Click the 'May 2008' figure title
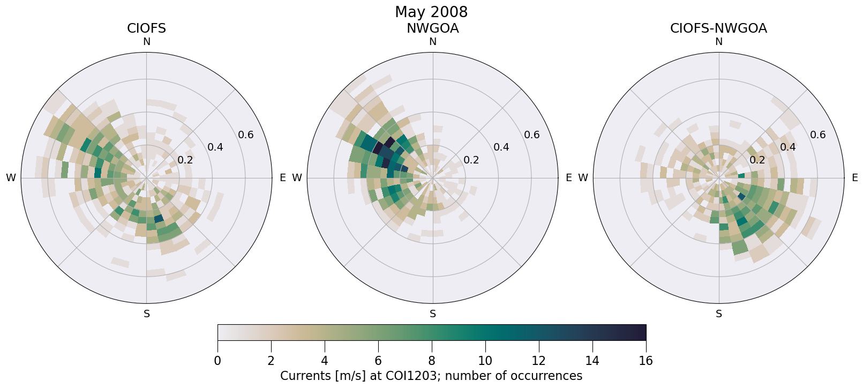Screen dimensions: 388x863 click(x=431, y=12)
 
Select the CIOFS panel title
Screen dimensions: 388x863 click(x=146, y=28)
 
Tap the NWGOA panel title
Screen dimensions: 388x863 click(x=432, y=28)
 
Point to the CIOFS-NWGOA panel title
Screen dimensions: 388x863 click(x=718, y=28)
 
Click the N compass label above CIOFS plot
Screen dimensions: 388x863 click(x=146, y=42)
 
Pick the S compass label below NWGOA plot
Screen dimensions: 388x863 click(x=433, y=314)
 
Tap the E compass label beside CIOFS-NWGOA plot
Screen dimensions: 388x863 click(x=855, y=178)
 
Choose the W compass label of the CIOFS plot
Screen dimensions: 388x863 click(x=11, y=178)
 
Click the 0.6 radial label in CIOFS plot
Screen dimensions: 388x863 click(x=246, y=135)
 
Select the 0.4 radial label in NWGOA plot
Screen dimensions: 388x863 click(x=501, y=147)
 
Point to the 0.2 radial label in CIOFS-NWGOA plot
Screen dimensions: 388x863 click(x=757, y=160)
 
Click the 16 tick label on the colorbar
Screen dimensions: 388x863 click(x=646, y=361)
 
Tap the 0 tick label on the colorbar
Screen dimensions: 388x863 click(x=217, y=361)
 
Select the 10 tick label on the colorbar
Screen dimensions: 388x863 click(x=485, y=361)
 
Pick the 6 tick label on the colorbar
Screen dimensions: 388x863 click(x=378, y=361)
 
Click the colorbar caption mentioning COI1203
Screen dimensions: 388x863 click(x=431, y=376)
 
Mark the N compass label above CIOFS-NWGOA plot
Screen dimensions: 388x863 click(x=719, y=42)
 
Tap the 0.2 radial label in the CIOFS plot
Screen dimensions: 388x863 click(x=185, y=160)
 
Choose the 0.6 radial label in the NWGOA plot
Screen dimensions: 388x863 click(x=532, y=135)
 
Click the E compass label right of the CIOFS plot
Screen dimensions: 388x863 click(x=283, y=178)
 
